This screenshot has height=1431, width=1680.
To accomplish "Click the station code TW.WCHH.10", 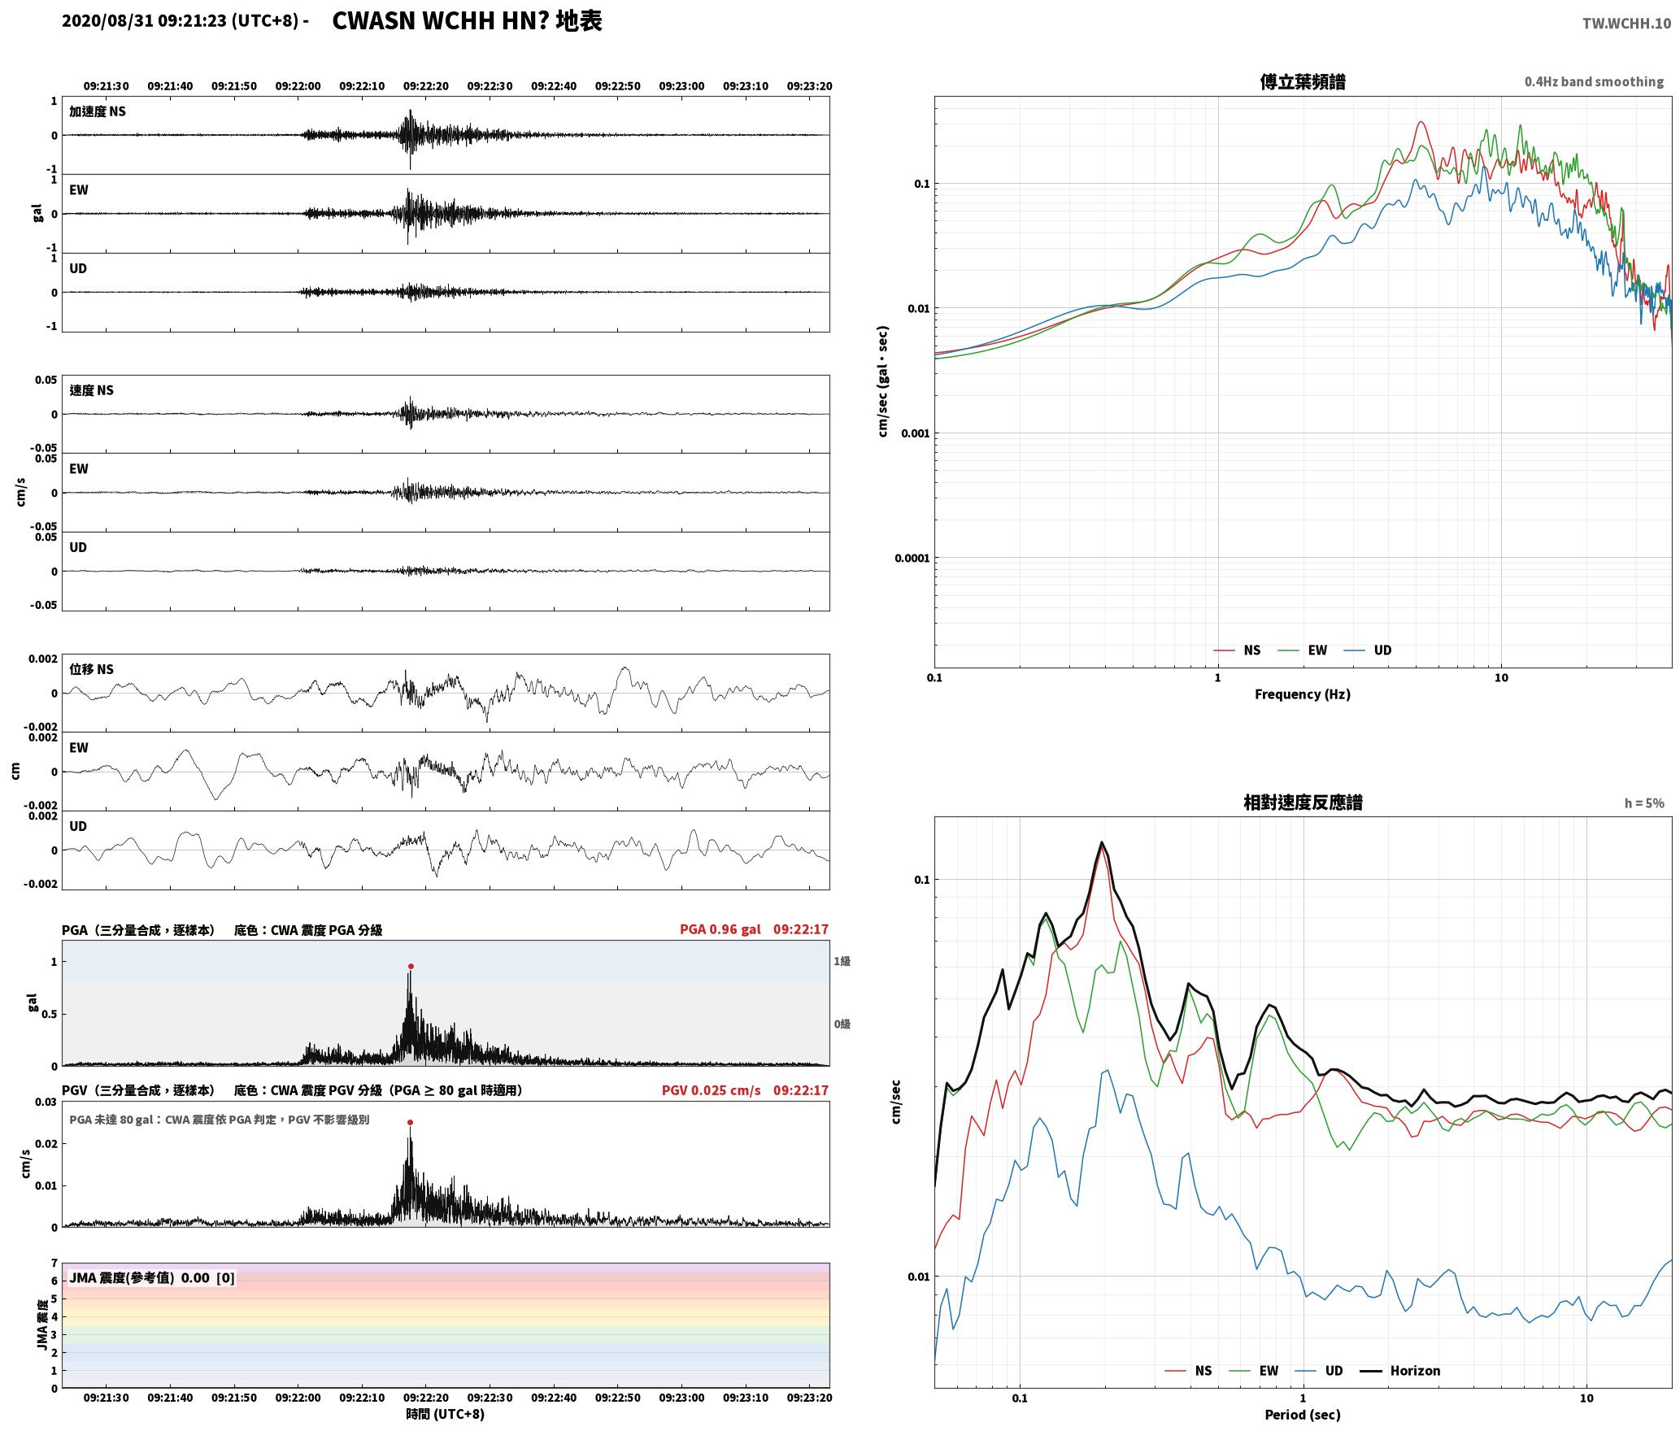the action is (1626, 24).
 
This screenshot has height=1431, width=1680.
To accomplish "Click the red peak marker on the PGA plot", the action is (411, 967).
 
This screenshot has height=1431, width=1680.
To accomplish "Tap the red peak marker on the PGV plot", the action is (410, 1123).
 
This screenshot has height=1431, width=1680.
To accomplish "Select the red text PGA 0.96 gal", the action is (720, 929).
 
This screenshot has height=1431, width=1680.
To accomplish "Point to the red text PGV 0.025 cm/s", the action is (712, 1090).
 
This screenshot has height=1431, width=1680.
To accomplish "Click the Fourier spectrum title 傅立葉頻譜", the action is (1303, 82).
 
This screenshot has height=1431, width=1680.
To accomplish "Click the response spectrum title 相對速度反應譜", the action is (1303, 802).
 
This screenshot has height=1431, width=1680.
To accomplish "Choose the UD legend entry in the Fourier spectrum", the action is (1368, 650).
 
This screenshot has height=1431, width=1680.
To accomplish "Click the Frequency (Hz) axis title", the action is (1303, 694).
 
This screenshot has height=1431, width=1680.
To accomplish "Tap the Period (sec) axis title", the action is (1303, 1415).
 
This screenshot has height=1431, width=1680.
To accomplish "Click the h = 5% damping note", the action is (1644, 803).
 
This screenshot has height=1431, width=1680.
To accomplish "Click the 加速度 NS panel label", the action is (98, 111).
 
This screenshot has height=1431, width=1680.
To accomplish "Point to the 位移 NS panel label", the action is (91, 669).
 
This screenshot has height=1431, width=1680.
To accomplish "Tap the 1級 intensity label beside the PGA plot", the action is (842, 962).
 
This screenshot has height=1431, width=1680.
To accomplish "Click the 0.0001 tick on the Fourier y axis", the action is (912, 559).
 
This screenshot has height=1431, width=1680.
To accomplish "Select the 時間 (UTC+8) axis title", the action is (446, 1414).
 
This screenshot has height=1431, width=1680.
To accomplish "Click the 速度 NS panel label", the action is (91, 390).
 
